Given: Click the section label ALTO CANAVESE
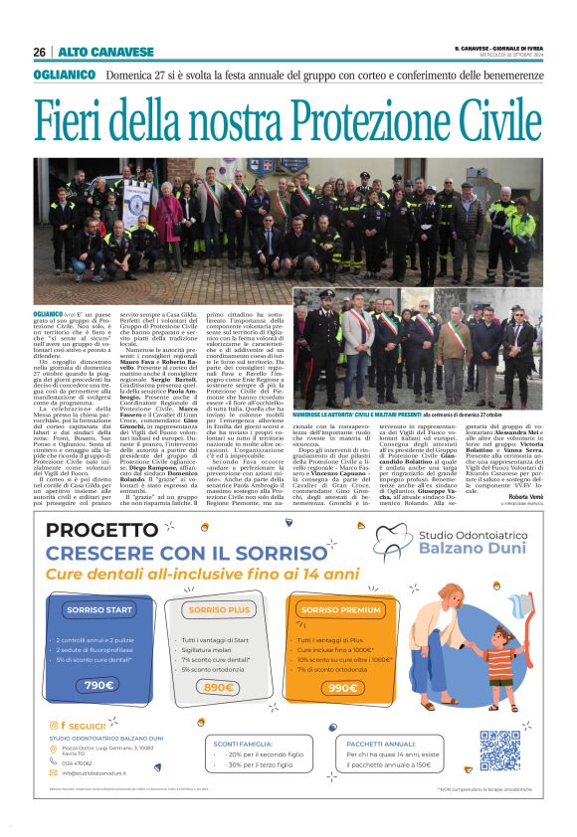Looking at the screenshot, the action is click(92, 52).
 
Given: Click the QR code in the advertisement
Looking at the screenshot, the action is click(499, 750).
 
